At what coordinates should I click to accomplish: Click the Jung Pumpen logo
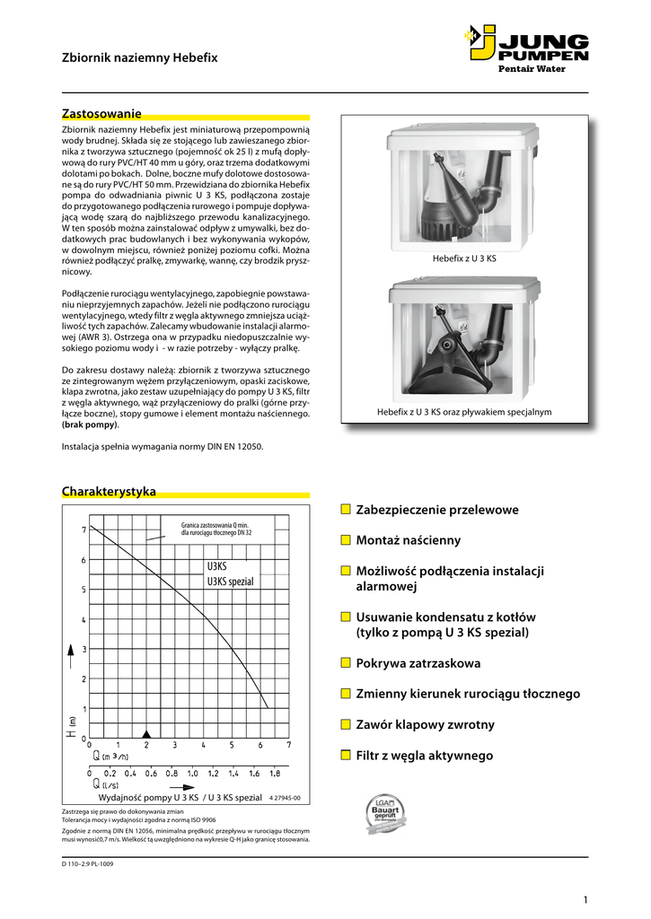[x=526, y=44]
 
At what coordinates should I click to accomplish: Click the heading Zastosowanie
[x=101, y=114]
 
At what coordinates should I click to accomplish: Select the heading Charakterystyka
[x=109, y=491]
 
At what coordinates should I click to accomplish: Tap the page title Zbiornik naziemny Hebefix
[x=139, y=57]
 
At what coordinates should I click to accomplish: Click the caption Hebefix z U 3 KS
[x=464, y=258]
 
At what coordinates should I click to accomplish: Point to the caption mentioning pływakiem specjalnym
[x=463, y=412]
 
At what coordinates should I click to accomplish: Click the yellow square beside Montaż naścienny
[x=346, y=540]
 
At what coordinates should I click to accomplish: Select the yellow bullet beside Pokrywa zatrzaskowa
[x=346, y=663]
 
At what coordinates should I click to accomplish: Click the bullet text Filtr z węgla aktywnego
[x=424, y=756]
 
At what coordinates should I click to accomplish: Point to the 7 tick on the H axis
[x=84, y=530]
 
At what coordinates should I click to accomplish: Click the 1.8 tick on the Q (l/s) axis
[x=275, y=773]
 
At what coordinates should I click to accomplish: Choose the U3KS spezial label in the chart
[x=231, y=582]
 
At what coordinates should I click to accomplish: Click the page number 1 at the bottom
[x=585, y=900]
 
